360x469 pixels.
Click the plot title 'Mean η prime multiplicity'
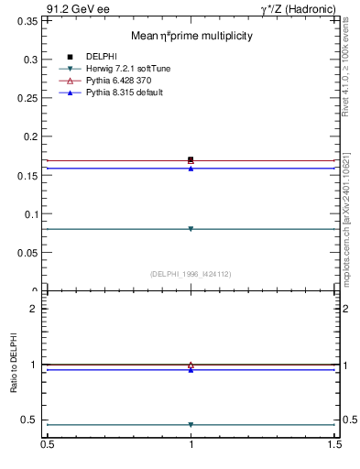pos(191,36)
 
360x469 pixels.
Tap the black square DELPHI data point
pos(191,159)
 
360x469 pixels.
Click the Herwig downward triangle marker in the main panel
pos(191,229)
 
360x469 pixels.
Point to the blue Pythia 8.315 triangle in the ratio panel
pos(191,370)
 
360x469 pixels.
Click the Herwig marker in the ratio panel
pos(191,425)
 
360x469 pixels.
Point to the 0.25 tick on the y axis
pos(28,98)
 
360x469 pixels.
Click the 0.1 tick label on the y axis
pos(32,215)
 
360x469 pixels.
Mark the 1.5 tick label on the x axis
pos(336,445)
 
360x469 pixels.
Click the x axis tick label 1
pos(191,445)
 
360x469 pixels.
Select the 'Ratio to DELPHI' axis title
pos(14,364)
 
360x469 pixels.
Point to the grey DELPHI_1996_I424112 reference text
pos(191,274)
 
